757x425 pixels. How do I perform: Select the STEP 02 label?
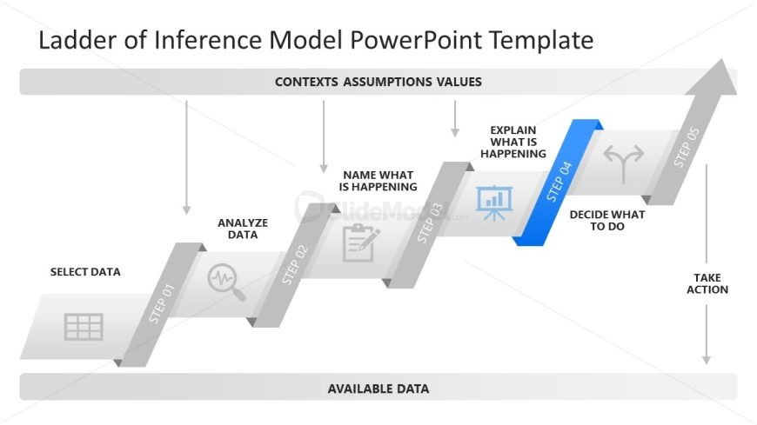click(295, 265)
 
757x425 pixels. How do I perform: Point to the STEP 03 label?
click(430, 222)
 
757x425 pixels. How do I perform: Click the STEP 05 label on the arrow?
click(687, 148)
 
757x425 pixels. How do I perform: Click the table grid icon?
click(84, 327)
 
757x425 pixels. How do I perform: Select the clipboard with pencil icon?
click(360, 242)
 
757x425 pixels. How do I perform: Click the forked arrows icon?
click(625, 163)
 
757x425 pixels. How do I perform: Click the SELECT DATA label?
click(85, 272)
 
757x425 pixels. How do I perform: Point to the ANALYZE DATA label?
click(243, 229)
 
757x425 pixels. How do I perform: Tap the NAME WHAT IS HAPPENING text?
click(378, 181)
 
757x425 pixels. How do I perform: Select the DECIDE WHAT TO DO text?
click(606, 220)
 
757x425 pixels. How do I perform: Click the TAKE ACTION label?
click(707, 283)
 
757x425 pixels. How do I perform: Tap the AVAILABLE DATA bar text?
click(378, 388)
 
